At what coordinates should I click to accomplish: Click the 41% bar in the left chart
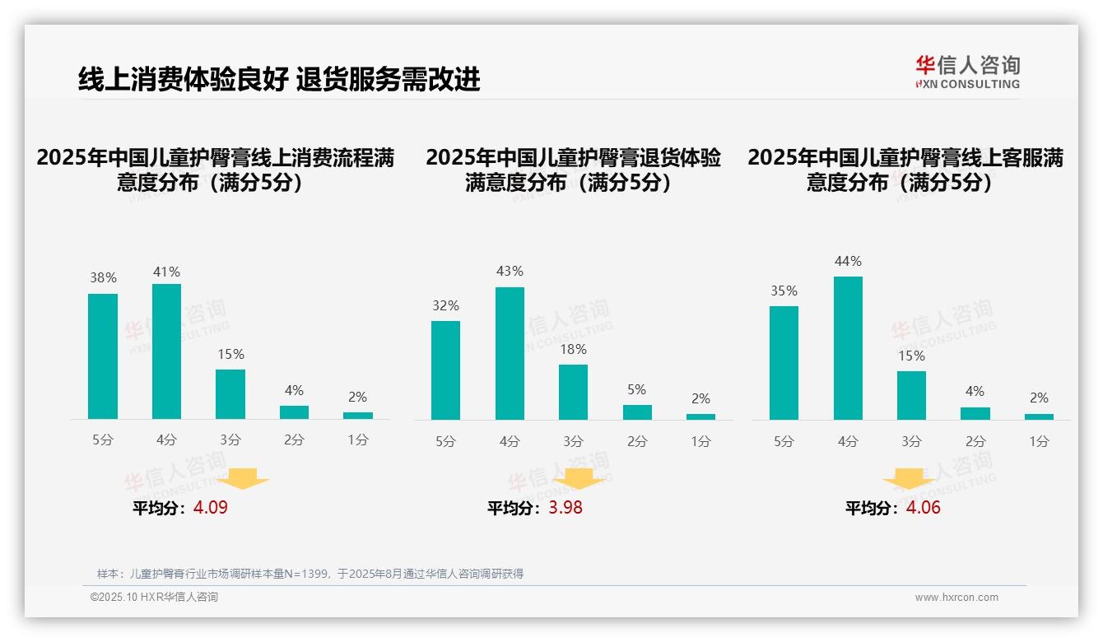[x=166, y=351]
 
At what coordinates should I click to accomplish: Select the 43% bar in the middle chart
[x=510, y=353]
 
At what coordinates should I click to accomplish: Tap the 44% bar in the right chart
[x=848, y=348]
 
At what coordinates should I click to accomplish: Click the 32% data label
[x=445, y=306]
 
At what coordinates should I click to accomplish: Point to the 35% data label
[x=784, y=291]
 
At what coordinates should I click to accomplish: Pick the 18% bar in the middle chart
[x=573, y=392]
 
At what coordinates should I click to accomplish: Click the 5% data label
[x=636, y=390]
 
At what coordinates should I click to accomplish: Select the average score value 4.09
[x=211, y=508]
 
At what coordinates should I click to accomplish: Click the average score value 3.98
[x=565, y=508]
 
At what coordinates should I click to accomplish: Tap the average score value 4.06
[x=923, y=508]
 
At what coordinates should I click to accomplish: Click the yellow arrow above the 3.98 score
[x=579, y=478]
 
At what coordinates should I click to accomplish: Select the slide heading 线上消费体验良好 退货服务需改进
[x=279, y=80]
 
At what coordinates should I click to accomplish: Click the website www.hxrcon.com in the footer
[x=956, y=598]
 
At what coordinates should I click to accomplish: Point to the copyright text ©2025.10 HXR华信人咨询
[x=154, y=598]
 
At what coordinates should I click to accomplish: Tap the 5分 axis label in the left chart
[x=103, y=440]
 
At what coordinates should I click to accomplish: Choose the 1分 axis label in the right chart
[x=1039, y=442]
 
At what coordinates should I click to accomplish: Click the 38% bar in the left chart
[x=103, y=356]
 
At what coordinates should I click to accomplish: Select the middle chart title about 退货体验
[x=573, y=170]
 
